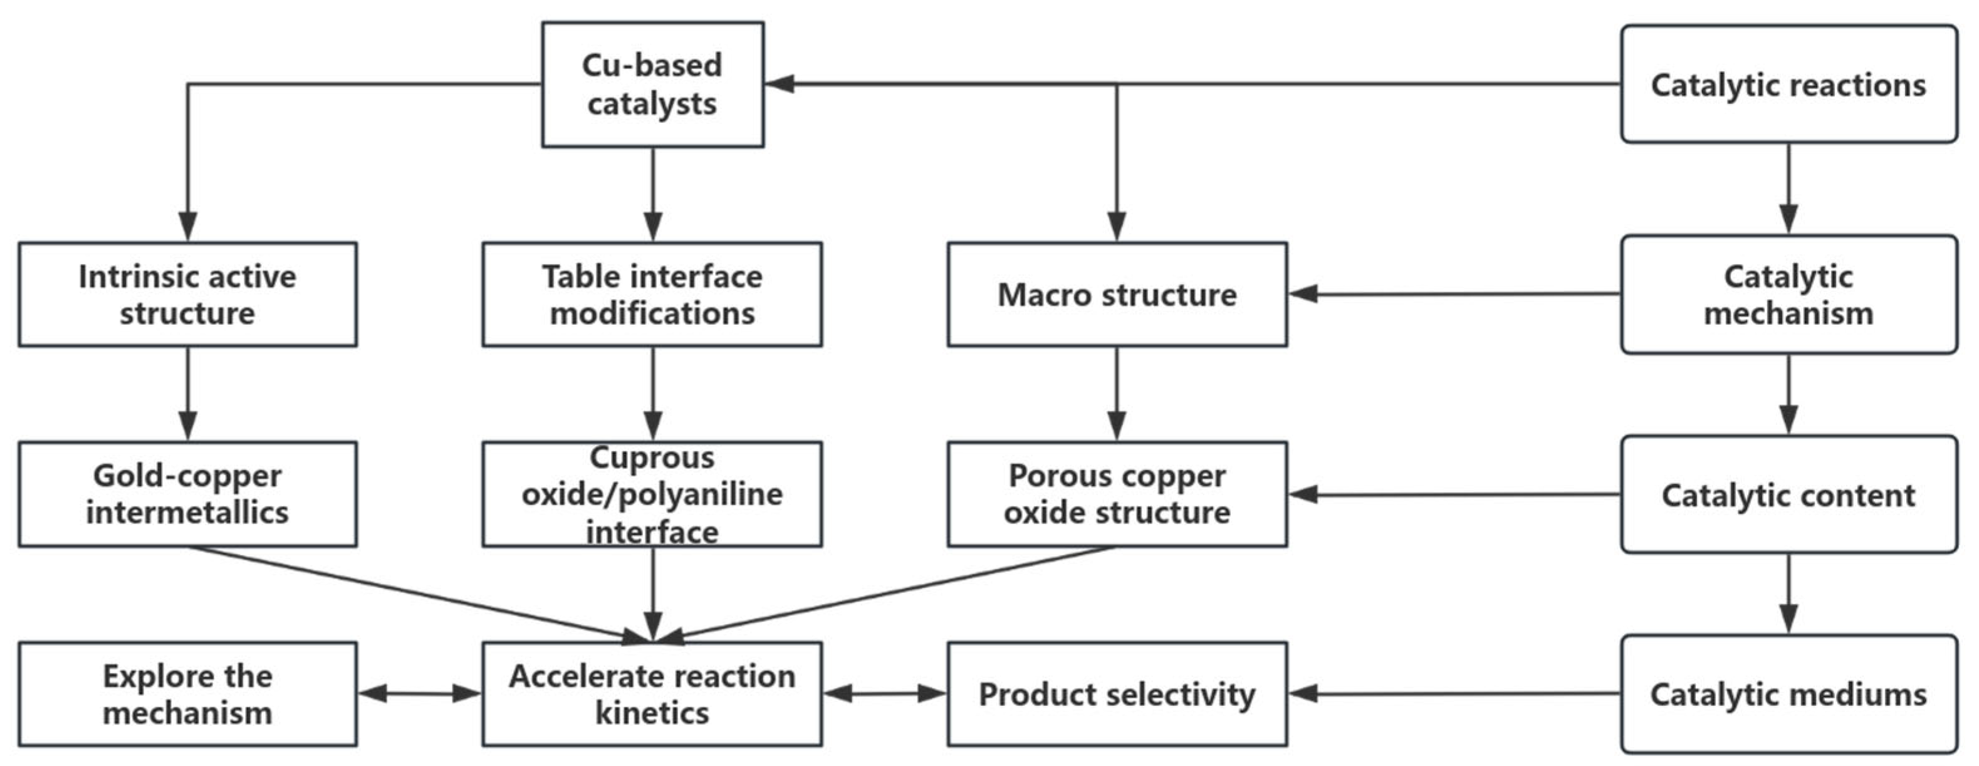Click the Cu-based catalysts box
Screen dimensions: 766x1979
652,85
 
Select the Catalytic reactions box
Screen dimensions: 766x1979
1788,85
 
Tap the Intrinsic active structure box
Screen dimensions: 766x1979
187,294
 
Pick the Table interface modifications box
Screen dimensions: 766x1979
652,294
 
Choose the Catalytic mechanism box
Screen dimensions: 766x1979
1788,294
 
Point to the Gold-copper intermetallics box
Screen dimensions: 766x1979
187,494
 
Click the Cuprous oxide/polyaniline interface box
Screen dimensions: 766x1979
652,494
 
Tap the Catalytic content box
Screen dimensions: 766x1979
1788,494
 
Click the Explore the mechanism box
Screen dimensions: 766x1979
187,694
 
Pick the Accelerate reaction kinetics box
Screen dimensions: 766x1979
652,694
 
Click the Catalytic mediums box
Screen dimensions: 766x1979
1788,694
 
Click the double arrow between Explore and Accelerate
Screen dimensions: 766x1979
419,694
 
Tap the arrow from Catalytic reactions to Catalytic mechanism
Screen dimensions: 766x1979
1788,188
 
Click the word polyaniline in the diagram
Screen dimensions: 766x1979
707,494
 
